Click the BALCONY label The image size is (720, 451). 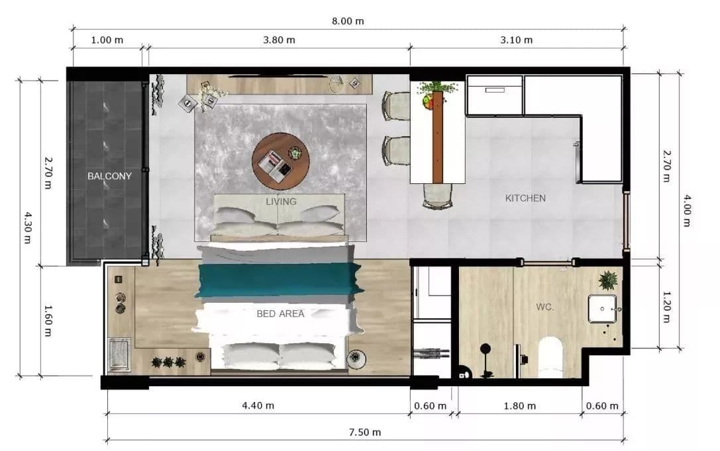click(109, 176)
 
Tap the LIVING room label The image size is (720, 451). click(281, 202)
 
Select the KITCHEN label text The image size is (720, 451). click(525, 198)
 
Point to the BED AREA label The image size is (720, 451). click(280, 314)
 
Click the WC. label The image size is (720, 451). click(545, 307)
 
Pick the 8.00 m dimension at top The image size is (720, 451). click(348, 21)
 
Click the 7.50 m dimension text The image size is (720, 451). click(364, 432)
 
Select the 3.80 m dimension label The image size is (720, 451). click(279, 40)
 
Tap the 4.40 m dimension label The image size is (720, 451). click(258, 405)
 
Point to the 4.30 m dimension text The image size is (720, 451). click(27, 227)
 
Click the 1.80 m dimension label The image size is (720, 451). click(519, 406)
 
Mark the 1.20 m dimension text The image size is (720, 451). click(666, 307)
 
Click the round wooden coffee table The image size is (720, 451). click(280, 161)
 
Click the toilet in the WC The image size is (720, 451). click(550, 357)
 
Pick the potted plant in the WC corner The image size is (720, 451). click(609, 280)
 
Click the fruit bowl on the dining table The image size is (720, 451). click(428, 102)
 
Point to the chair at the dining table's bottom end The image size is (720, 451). click(438, 196)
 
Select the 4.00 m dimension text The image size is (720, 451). click(687, 210)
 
